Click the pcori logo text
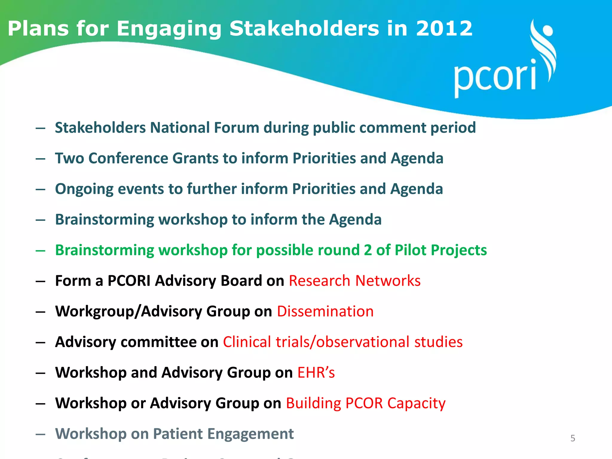coord(495,76)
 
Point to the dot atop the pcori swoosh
coord(547,31)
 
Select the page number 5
coord(573,438)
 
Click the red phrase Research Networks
coord(355,281)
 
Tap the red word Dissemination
coord(325,311)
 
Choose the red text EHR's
coord(316,373)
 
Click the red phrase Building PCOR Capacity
coord(365,403)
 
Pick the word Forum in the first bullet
coord(236,128)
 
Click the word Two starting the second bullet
coord(69,158)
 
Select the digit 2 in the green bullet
coord(368,250)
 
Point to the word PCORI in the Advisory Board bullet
coord(129,281)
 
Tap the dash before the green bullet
coord(40,250)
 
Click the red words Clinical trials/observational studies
coord(343,342)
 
